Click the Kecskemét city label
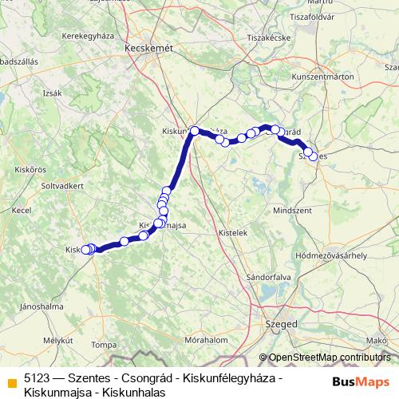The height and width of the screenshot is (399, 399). pyautogui.click(x=149, y=49)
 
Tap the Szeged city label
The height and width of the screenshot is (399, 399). pyautogui.click(x=280, y=325)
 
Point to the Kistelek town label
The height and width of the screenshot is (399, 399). pyautogui.click(x=233, y=232)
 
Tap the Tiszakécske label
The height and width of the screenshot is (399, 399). pyautogui.click(x=267, y=38)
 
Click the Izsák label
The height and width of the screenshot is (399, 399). pyautogui.click(x=53, y=93)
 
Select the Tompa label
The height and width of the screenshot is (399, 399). pyautogui.click(x=104, y=345)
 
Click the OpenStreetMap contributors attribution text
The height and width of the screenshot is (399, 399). pyautogui.click(x=330, y=358)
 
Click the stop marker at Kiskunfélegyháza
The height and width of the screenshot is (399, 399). pyautogui.click(x=195, y=130)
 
